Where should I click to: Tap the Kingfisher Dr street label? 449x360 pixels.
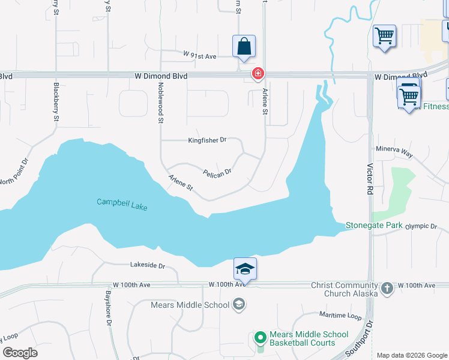pos(207,140)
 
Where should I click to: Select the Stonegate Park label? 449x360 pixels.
pos(373,226)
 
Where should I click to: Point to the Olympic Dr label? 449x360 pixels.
pos(421,226)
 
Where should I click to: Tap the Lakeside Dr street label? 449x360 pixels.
pos(147,265)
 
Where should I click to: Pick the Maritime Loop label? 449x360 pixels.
pos(340,314)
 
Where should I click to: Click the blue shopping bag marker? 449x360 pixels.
pos(244,46)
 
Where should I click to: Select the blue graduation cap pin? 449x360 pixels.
pos(245,268)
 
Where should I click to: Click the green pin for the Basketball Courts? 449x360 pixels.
pos(260,338)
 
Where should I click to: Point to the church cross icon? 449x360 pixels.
pos(387,288)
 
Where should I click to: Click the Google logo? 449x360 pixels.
pos(20,353)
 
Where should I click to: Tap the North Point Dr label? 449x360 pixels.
pos(14,173)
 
